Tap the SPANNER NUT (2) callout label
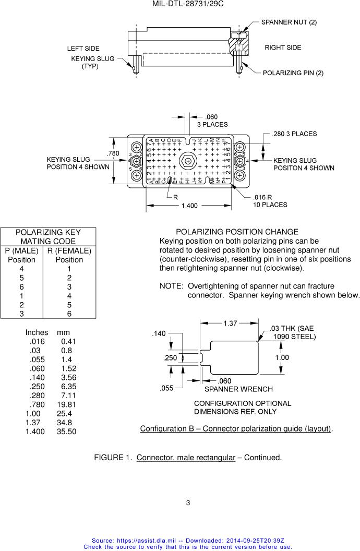coord(289,22)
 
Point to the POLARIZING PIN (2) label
coord(293,73)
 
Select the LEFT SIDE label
coord(83,49)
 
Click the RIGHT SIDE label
coord(283,47)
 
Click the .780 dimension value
coord(113,153)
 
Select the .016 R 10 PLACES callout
coord(270,201)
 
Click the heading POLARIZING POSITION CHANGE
coord(237,232)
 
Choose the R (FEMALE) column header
coord(69,250)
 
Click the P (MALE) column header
coord(21,250)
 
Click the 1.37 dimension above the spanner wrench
coord(230,324)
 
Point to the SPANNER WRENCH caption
coord(238,389)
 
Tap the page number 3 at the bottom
coord(188,503)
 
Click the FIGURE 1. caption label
coord(113,458)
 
